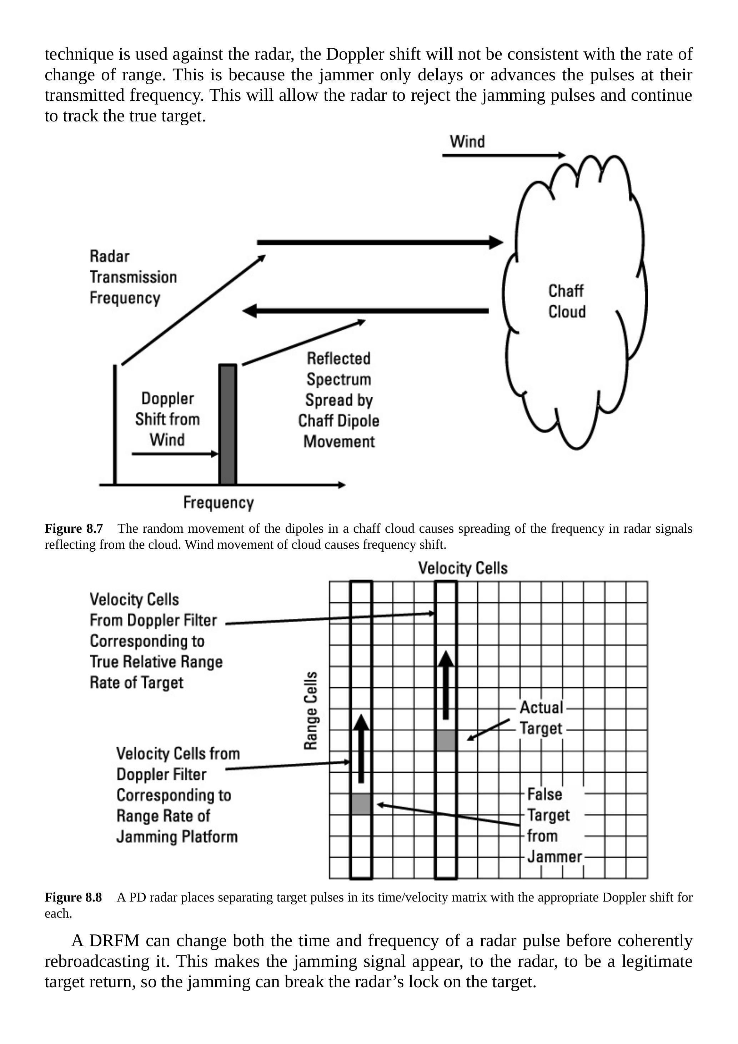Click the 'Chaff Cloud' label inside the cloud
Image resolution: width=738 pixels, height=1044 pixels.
pos(566,301)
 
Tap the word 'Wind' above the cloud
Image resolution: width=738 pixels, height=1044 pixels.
pos(467,141)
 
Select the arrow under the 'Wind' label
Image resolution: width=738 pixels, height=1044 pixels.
pos(503,156)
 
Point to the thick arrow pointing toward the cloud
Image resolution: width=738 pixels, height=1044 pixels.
pos(380,242)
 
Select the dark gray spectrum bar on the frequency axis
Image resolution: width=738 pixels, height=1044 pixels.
pos(227,424)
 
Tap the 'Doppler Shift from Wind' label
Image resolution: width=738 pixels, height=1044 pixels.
pos(167,419)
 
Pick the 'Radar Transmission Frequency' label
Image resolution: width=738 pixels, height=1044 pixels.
pos(133,277)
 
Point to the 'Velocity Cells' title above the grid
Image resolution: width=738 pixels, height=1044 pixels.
pos(462,568)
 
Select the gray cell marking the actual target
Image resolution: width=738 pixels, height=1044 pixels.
pos(446,740)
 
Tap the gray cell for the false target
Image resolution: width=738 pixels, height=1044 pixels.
pos(361,804)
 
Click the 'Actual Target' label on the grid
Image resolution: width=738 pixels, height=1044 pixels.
pos(541,718)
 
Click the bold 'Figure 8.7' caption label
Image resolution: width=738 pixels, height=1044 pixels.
pos(74,528)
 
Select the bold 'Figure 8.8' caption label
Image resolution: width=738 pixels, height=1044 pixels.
pos(73,897)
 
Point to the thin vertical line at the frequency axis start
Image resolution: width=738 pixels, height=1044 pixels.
pos(115,424)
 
